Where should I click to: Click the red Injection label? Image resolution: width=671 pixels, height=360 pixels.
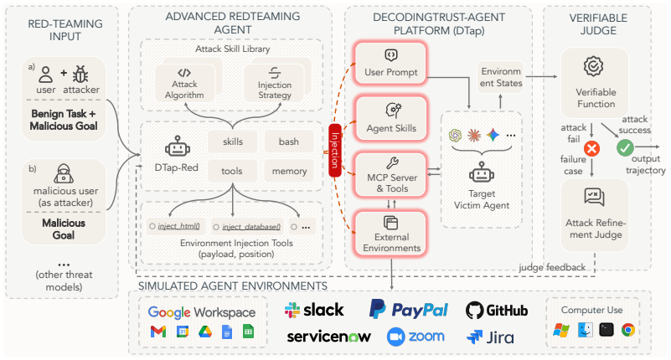click(334, 150)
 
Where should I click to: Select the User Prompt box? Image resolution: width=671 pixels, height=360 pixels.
click(390, 63)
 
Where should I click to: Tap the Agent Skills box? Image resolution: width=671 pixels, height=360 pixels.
click(391, 118)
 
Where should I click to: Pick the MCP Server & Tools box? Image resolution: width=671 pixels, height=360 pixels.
click(391, 175)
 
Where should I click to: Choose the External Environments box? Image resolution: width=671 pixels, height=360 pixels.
click(391, 234)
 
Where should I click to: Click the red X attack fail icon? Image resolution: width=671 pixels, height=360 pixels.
click(591, 149)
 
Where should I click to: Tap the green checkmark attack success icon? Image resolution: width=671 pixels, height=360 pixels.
click(625, 148)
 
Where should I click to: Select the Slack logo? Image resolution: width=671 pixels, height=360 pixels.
click(314, 310)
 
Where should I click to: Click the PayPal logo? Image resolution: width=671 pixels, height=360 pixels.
click(409, 309)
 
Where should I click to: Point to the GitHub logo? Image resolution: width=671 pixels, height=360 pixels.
click(497, 311)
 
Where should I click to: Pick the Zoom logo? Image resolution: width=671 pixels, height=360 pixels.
click(416, 337)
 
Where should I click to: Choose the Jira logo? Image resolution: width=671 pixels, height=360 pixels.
click(490, 337)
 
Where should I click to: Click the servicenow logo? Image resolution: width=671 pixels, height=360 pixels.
click(328, 337)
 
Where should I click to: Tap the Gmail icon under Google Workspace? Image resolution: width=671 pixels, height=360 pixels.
click(158, 332)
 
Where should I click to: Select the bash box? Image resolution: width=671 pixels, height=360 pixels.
click(289, 141)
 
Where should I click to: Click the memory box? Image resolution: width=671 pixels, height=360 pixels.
click(289, 171)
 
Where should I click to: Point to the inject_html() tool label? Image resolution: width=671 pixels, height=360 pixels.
click(179, 226)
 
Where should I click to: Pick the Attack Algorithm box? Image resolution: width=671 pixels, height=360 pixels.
click(185, 83)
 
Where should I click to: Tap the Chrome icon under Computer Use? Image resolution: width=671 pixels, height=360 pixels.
click(628, 330)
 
